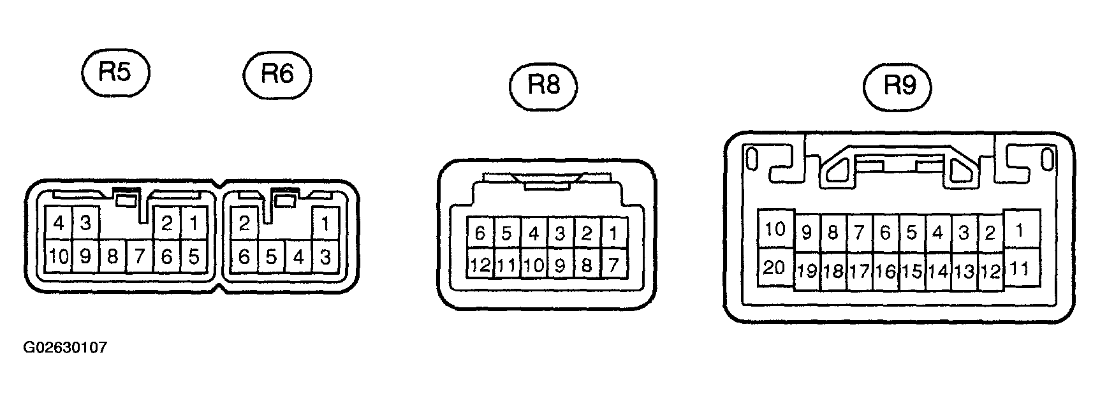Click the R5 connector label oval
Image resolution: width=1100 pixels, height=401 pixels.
[x=115, y=73]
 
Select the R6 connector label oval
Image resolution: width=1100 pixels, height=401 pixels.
[x=277, y=75]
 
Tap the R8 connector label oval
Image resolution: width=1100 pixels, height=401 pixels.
[x=544, y=85]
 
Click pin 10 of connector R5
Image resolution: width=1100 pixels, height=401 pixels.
[x=59, y=256]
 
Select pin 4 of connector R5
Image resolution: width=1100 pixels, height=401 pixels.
[x=59, y=223]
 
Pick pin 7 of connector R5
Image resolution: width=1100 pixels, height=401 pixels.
[x=140, y=256]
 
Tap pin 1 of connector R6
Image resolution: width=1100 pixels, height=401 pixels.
[x=325, y=223]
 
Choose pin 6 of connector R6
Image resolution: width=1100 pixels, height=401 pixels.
[x=244, y=256]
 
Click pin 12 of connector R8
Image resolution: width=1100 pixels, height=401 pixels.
[x=480, y=263]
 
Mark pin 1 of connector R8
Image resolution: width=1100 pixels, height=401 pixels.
[x=613, y=233]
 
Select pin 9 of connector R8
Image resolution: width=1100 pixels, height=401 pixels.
[x=560, y=263]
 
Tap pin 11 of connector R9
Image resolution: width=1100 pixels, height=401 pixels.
[x=1021, y=267]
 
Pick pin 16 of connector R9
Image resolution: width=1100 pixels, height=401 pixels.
[x=885, y=271]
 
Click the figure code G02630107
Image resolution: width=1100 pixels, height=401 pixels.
[x=65, y=348]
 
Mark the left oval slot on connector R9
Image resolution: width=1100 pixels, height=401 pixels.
[x=752, y=159]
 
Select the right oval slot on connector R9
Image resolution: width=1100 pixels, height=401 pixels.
[x=1046, y=159]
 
